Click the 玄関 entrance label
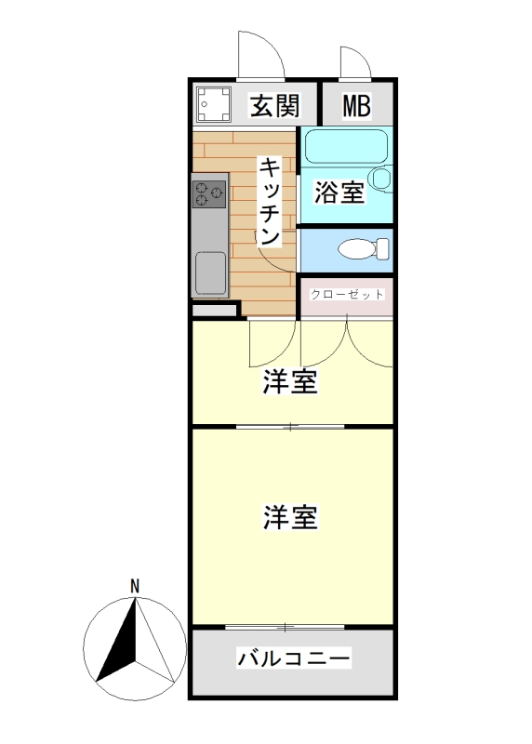[275, 106]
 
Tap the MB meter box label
[356, 106]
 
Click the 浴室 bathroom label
[339, 193]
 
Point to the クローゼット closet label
[347, 294]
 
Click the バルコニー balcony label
[294, 659]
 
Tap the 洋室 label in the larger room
[290, 517]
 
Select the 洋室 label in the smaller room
[290, 381]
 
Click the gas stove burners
[208, 193]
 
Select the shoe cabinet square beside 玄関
[215, 104]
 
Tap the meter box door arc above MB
[355, 62]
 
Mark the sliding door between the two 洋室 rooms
[290, 427]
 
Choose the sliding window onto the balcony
[290, 626]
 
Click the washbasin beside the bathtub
[379, 177]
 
